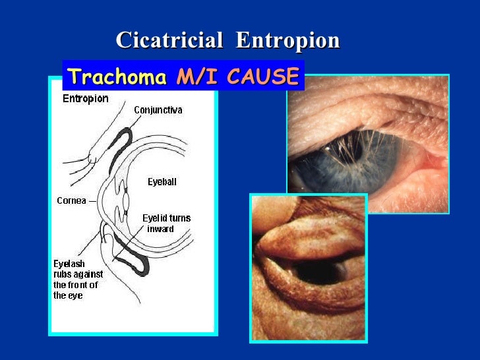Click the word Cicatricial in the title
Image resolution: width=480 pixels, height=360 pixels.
click(169, 41)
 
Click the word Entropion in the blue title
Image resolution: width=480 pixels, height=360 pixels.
click(287, 41)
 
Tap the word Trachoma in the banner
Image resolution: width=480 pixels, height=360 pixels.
click(117, 77)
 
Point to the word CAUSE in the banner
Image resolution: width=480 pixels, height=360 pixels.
click(262, 77)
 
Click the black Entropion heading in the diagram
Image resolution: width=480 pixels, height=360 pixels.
click(85, 99)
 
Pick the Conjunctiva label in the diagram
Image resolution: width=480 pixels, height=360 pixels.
click(158, 110)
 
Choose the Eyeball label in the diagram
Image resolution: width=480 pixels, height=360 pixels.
click(162, 182)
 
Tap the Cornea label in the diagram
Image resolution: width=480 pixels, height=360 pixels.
click(71, 201)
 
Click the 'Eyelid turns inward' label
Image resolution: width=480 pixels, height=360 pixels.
click(166, 224)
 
